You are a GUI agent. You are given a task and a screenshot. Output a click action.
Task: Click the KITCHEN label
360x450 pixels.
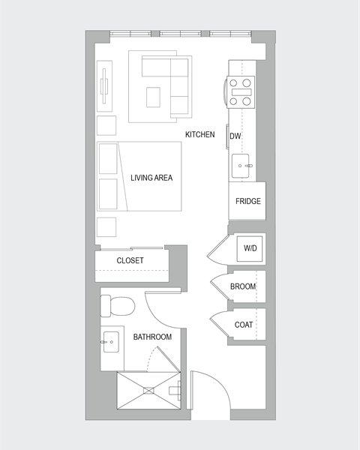[x=200, y=135]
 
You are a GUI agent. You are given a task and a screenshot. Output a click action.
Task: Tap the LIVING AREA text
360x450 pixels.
[x=151, y=178]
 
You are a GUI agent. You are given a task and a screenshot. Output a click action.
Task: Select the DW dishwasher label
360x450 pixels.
[x=235, y=136]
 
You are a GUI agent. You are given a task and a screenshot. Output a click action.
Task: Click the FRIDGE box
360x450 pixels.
[x=247, y=201]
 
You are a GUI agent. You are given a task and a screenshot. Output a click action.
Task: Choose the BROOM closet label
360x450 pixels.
[x=243, y=286]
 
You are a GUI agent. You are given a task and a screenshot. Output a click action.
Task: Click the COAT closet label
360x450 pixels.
[x=243, y=325]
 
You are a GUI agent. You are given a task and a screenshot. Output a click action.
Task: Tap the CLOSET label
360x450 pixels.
[x=130, y=261]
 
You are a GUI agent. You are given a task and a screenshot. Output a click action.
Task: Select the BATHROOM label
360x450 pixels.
[x=152, y=337]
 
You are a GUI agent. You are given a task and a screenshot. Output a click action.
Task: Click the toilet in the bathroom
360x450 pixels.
[x=118, y=305]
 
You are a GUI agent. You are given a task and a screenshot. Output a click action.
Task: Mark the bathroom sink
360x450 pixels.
[x=111, y=342]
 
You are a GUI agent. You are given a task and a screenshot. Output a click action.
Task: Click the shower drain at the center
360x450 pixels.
[x=148, y=390]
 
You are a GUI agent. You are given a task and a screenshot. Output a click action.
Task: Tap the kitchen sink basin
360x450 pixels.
[x=242, y=165]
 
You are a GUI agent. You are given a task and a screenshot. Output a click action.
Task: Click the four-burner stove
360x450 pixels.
[x=241, y=92]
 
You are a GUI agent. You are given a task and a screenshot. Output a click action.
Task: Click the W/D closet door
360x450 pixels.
[x=218, y=249]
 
